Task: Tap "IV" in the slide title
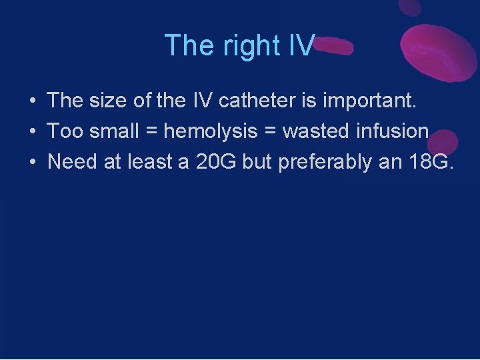[x=302, y=45]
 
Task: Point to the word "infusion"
[x=393, y=131]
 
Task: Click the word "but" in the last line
[x=257, y=162]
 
